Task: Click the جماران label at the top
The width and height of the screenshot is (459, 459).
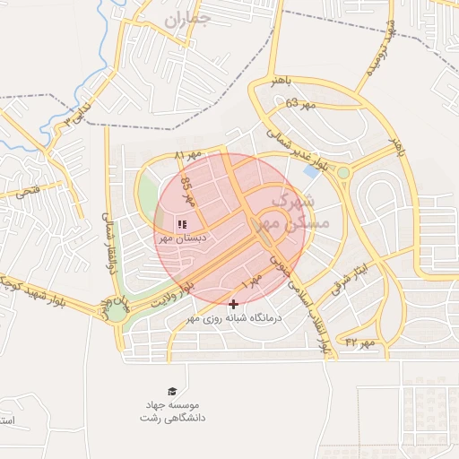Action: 188,18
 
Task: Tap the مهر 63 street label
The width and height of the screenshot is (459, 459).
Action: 302,105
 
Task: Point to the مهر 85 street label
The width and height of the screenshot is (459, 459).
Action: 187,191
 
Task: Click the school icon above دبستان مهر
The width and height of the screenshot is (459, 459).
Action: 181,223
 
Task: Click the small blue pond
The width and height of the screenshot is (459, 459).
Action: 311,169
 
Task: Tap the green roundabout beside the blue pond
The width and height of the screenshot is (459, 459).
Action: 343,172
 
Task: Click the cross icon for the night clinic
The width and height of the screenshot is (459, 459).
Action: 234,305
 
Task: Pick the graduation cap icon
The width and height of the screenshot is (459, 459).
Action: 172,392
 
